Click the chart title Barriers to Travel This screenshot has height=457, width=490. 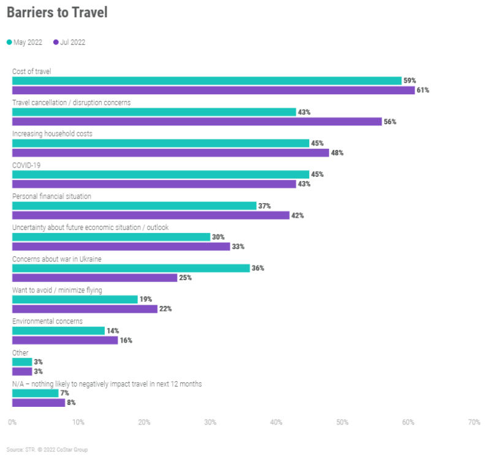point(57,13)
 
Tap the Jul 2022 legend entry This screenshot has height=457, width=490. point(69,42)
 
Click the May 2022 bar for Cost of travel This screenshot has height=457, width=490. point(206,81)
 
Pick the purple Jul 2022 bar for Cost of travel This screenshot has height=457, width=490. point(213,91)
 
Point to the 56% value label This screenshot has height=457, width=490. point(390,122)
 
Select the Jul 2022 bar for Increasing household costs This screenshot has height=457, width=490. point(170,153)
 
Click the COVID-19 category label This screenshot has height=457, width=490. point(26,165)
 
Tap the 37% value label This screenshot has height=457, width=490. point(265,206)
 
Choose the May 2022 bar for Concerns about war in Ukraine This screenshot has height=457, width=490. point(131,268)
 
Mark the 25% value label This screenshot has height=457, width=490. point(185,278)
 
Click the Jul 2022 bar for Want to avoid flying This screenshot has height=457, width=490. point(85,309)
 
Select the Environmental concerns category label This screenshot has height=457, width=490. point(48,321)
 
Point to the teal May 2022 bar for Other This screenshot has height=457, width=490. point(22,362)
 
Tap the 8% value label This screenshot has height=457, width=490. point(72,403)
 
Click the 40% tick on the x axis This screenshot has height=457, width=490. point(276,422)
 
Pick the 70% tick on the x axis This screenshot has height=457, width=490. point(473,422)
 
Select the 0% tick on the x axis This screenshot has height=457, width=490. point(12,422)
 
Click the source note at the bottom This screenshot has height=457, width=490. point(47,450)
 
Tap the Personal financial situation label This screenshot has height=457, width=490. point(53,196)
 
